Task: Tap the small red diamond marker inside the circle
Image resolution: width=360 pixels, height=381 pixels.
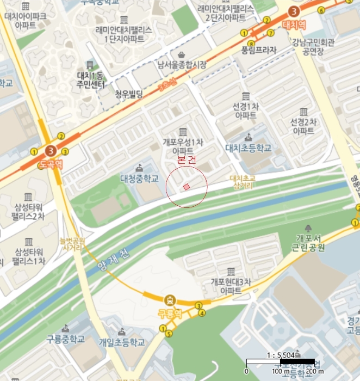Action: pyautogui.click(x=187, y=187)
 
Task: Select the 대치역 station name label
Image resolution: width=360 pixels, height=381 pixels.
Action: pyautogui.click(x=295, y=25)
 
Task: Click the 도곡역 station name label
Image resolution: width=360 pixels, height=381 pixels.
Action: pyautogui.click(x=51, y=163)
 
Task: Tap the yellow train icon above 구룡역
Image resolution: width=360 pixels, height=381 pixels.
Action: pyautogui.click(x=171, y=299)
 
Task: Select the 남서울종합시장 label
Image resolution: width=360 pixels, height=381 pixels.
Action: pyautogui.click(x=182, y=65)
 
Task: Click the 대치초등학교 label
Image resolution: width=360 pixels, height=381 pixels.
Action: pyautogui.click(x=248, y=148)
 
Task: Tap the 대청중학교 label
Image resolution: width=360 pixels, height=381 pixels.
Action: pyautogui.click(x=139, y=178)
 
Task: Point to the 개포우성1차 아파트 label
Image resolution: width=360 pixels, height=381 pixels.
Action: pyautogui.click(x=182, y=146)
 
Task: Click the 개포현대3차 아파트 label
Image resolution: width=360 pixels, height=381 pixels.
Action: pyautogui.click(x=231, y=286)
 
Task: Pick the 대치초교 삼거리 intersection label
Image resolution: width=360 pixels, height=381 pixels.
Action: pyautogui.click(x=243, y=181)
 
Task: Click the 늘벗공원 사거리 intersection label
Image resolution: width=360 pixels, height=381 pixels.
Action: pyautogui.click(x=72, y=244)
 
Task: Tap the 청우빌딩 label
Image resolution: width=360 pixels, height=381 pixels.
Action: pyautogui.click(x=128, y=95)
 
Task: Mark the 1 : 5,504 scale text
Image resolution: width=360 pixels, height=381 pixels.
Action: pyautogui.click(x=281, y=354)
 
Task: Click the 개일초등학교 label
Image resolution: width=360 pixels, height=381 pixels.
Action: pyautogui.click(x=122, y=342)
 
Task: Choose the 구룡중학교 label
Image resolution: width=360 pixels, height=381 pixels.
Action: pyautogui.click(x=65, y=339)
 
